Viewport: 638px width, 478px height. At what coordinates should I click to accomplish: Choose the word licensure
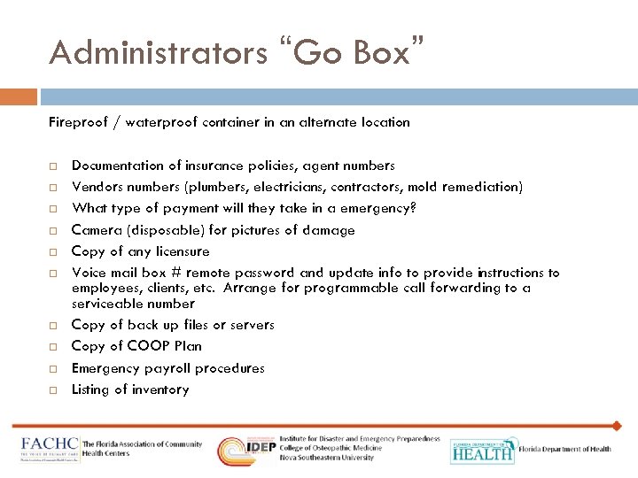181,251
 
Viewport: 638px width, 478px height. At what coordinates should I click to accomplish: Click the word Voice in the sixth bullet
88,273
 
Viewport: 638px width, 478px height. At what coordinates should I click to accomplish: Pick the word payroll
164,368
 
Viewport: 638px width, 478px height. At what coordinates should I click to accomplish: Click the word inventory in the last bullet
159,389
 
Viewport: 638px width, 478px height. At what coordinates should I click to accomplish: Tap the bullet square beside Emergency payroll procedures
53,368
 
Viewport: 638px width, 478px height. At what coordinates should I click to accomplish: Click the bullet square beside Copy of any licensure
53,252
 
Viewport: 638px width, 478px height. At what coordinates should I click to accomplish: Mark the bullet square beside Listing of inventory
53,390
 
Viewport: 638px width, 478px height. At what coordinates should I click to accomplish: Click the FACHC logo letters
50,446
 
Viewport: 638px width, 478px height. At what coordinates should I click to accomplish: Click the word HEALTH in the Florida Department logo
482,454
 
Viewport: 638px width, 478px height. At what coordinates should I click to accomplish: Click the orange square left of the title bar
19,96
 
